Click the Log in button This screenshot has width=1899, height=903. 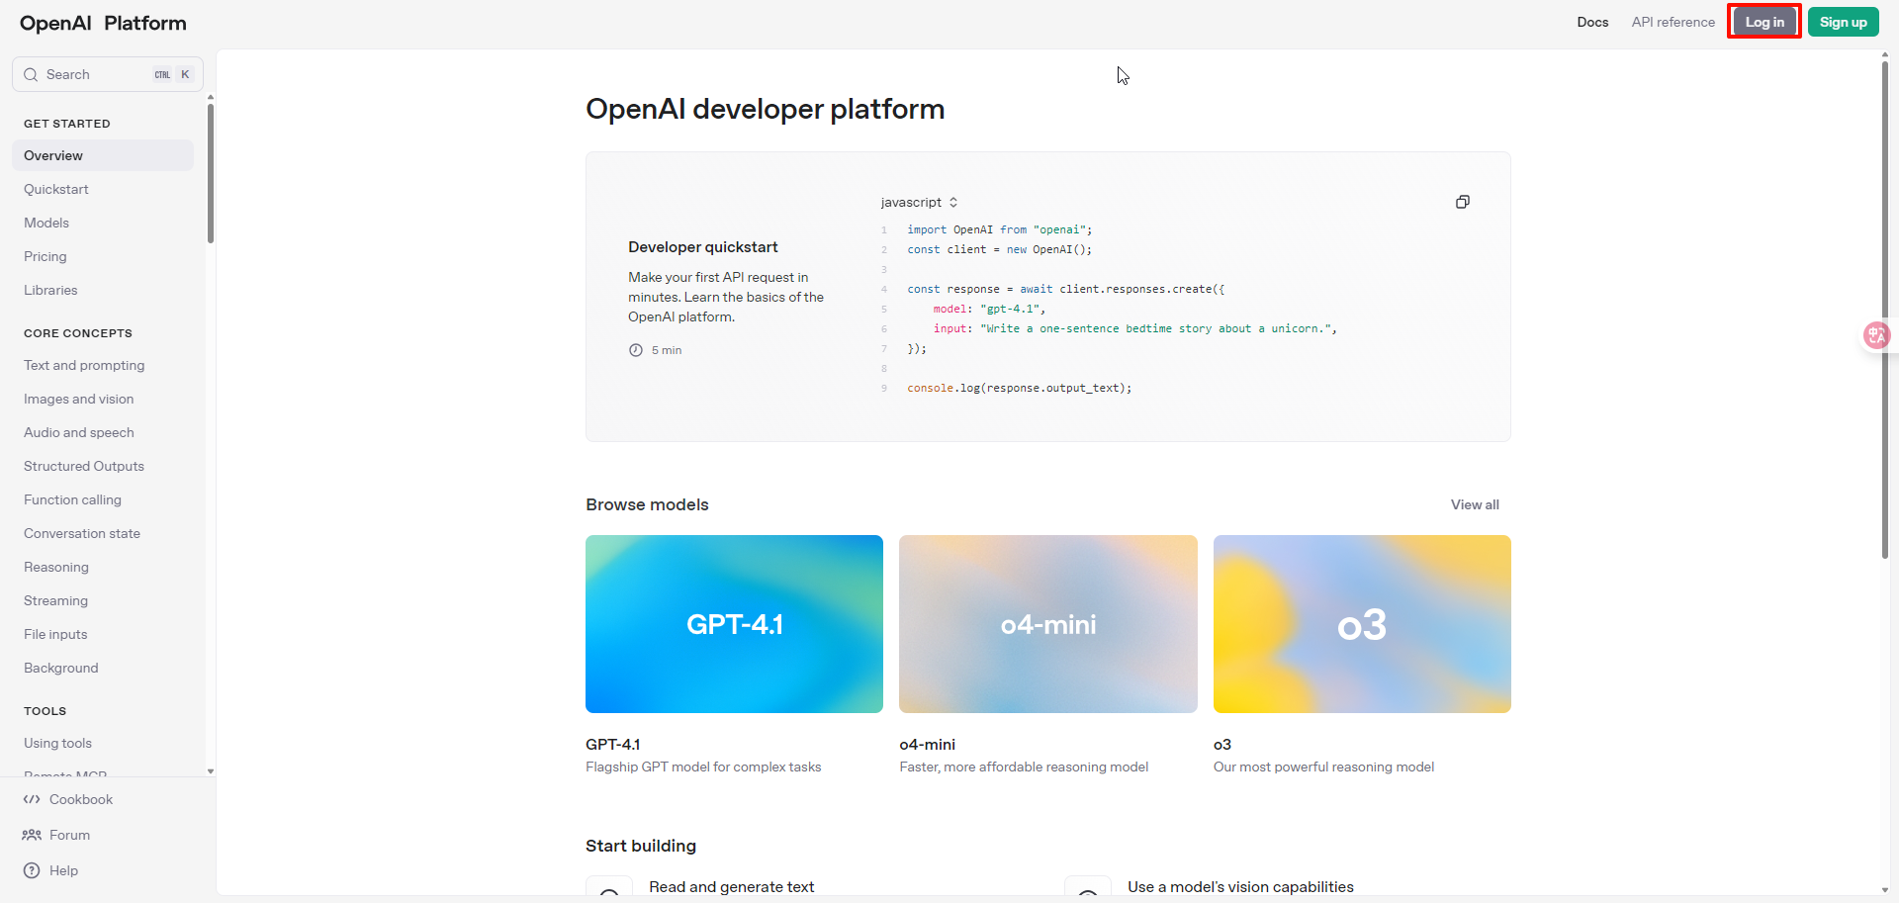[1764, 22]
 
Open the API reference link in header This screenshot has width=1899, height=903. [1673, 22]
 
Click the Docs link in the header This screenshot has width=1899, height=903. [1592, 22]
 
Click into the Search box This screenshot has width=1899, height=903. [108, 74]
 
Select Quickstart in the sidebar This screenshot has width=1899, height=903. [56, 189]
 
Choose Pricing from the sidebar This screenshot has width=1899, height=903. [45, 256]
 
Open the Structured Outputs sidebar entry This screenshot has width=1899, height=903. [84, 466]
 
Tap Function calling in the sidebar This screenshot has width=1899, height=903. [72, 499]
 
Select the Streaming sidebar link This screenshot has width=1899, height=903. [55, 600]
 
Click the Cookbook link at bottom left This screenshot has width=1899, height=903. [81, 799]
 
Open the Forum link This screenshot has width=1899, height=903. [69, 835]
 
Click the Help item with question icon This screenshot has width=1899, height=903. [63, 870]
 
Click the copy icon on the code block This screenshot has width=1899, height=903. [1463, 202]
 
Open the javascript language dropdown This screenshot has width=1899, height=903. [919, 202]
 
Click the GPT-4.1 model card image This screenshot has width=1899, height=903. [734, 624]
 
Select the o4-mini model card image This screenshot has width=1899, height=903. [1048, 624]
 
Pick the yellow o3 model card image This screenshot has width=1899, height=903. [1362, 624]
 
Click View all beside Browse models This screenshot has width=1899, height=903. [1475, 504]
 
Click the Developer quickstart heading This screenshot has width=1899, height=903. [703, 247]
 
